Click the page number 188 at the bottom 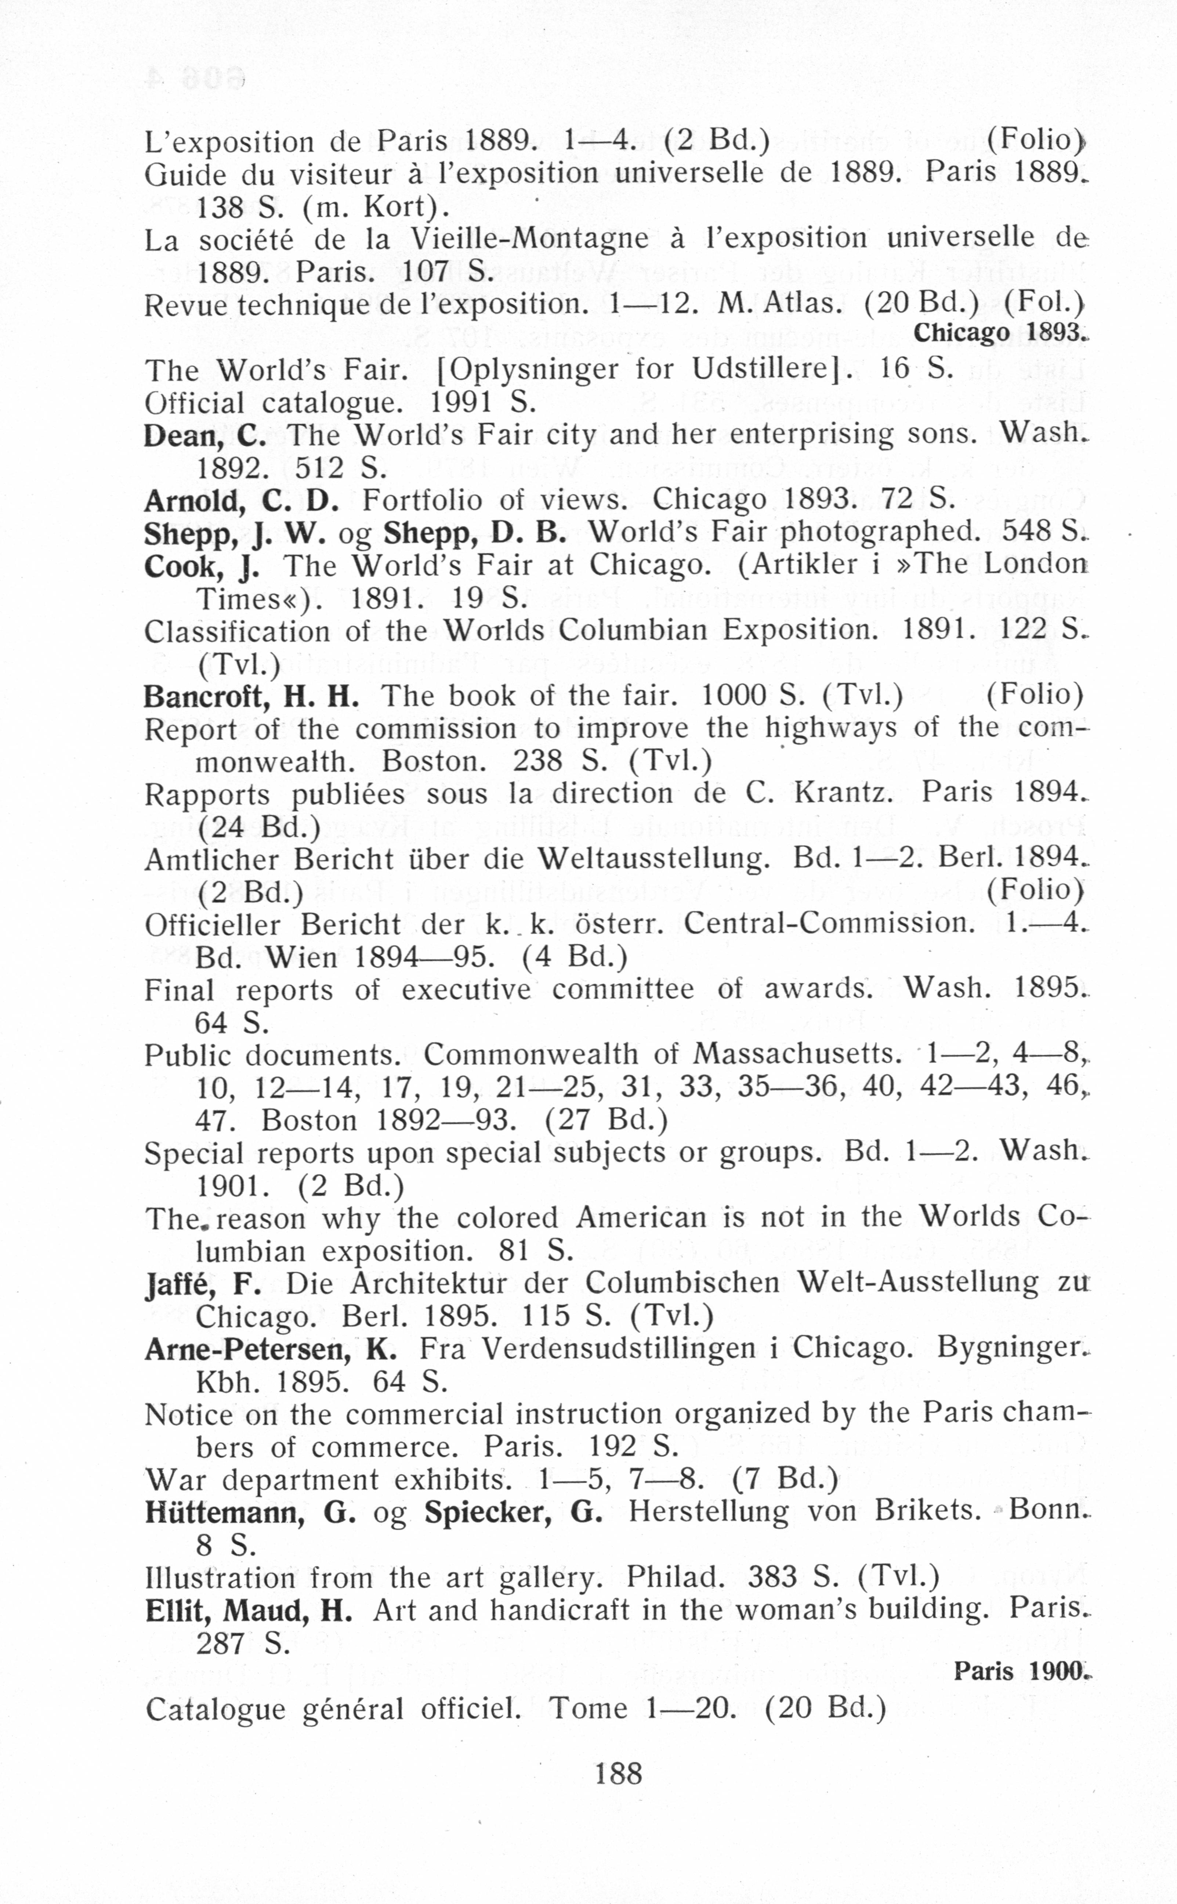click(x=618, y=1774)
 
